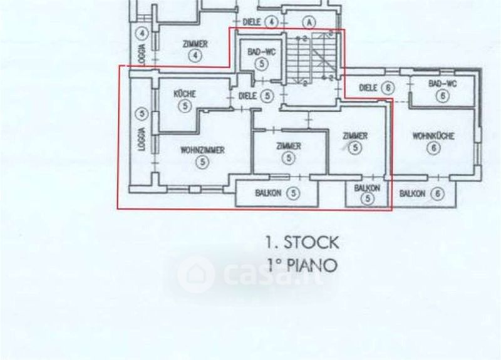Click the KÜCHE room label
pyautogui.click(x=185, y=94)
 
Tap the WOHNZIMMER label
pyautogui.click(x=202, y=150)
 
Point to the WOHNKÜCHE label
pyautogui.click(x=433, y=136)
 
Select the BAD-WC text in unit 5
pyautogui.click(x=257, y=53)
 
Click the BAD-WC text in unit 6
pyautogui.click(x=441, y=83)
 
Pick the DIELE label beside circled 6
pyautogui.click(x=369, y=88)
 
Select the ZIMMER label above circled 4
pyautogui.click(x=195, y=44)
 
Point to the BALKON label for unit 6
pyautogui.click(x=413, y=193)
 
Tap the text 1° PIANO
pyautogui.click(x=301, y=265)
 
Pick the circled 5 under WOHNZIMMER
pyautogui.click(x=202, y=162)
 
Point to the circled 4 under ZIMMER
pyautogui.click(x=196, y=56)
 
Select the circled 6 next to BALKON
pyautogui.click(x=438, y=194)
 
